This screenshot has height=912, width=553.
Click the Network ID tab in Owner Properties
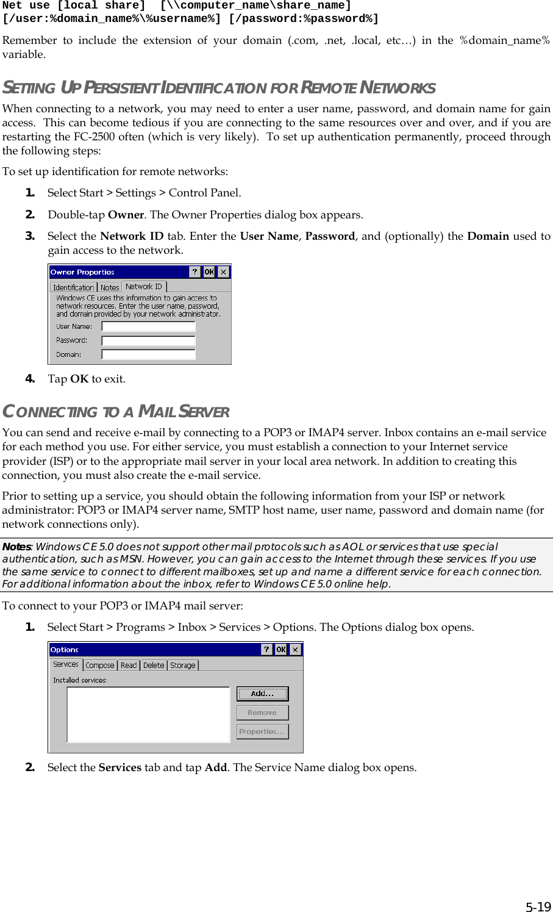click(144, 286)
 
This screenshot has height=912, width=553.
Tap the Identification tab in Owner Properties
click(73, 287)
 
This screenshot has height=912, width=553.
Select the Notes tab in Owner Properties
click(110, 287)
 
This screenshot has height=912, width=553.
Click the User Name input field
click(148, 326)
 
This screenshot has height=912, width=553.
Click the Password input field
click(148, 340)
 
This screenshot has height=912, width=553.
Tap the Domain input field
click(148, 354)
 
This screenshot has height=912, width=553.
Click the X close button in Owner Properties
click(224, 272)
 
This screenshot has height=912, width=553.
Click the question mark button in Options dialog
click(266, 650)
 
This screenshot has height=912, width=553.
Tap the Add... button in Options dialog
click(262, 694)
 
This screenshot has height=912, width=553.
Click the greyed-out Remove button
click(262, 713)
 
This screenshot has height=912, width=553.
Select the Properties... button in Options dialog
click(262, 731)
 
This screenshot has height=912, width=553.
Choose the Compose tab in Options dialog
click(100, 666)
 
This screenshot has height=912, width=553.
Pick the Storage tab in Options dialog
click(183, 666)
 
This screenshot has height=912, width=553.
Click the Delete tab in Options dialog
click(154, 666)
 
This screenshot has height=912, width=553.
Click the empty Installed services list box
click(148, 714)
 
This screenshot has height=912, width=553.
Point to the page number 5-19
click(538, 906)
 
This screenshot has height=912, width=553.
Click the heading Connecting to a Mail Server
click(116, 412)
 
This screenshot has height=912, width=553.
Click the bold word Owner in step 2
click(126, 215)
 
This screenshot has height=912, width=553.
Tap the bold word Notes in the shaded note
click(17, 547)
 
